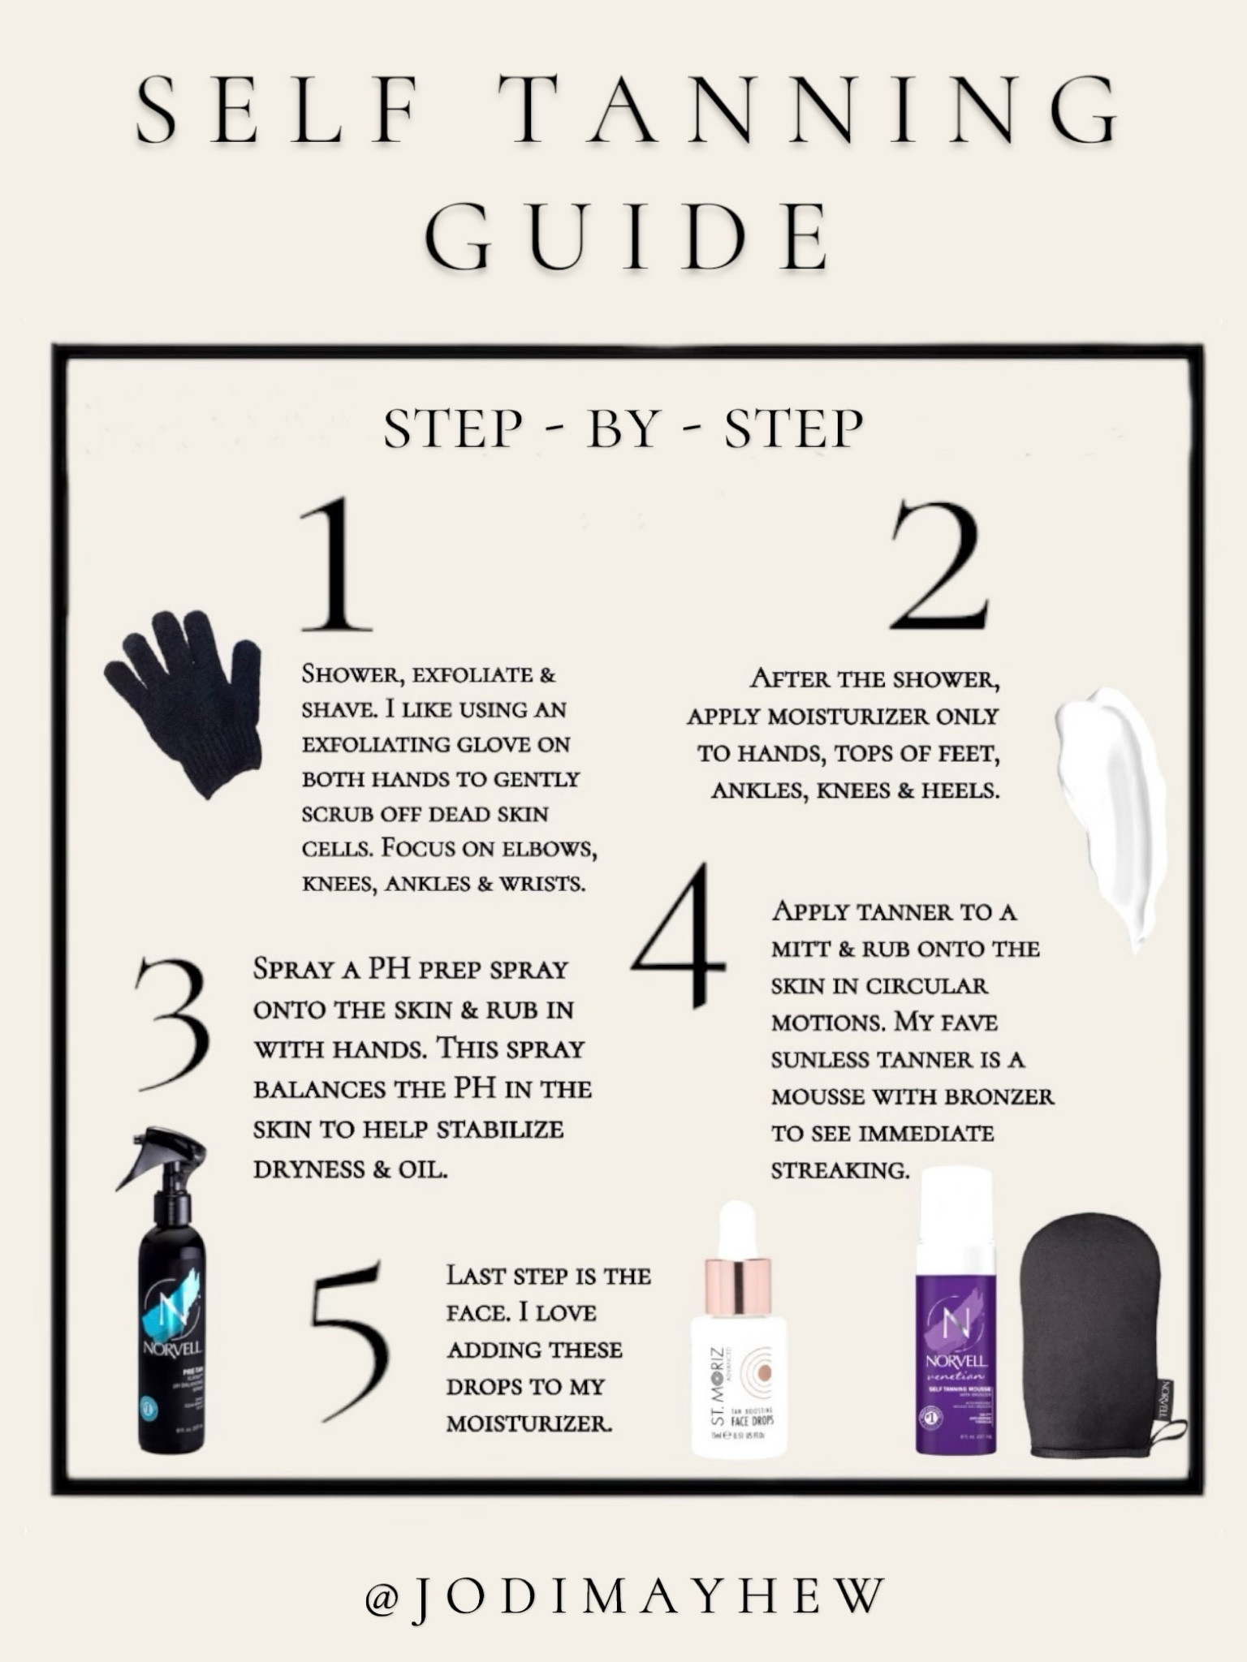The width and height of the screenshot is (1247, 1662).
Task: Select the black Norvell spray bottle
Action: point(170,1331)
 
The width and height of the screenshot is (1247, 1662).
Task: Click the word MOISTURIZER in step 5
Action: point(529,1423)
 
